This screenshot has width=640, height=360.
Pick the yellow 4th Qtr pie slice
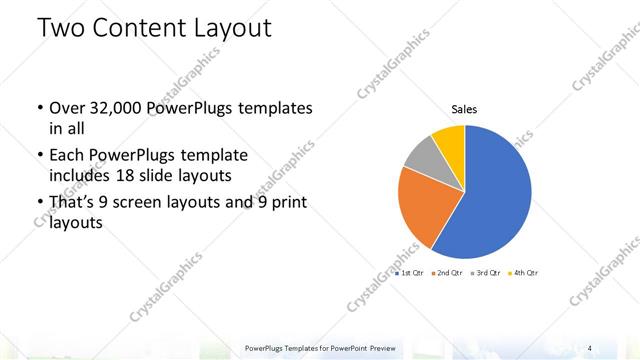[x=449, y=138]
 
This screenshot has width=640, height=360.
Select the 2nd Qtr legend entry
[x=447, y=272]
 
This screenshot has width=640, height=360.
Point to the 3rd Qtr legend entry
[x=485, y=272]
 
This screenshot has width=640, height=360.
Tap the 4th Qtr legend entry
[x=523, y=272]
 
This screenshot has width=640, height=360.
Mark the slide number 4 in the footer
[x=590, y=348]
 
